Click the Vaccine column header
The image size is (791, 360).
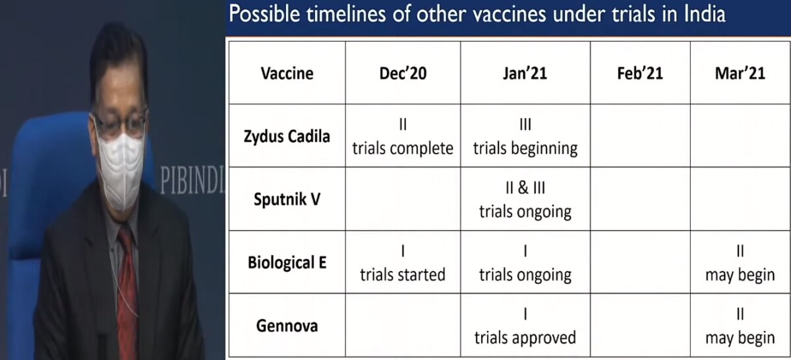click(287, 73)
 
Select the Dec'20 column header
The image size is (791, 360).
click(403, 73)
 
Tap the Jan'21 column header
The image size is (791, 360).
click(525, 73)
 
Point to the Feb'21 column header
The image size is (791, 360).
click(640, 73)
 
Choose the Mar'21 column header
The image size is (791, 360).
click(740, 73)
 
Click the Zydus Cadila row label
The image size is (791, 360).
click(287, 136)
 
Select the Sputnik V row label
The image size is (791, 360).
click(287, 199)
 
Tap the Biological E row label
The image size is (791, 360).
click(287, 262)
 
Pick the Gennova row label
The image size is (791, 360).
click(287, 326)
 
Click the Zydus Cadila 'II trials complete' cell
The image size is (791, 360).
click(403, 136)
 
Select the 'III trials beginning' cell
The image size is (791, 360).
click(525, 136)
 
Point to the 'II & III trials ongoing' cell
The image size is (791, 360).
click(525, 200)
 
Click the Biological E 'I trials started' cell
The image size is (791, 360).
click(403, 263)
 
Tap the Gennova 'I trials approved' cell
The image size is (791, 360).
click(525, 326)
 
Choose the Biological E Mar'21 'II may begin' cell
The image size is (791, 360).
click(740, 263)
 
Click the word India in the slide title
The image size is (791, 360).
click(705, 14)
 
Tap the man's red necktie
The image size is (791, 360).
click(128, 283)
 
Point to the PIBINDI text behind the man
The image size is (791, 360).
click(192, 180)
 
